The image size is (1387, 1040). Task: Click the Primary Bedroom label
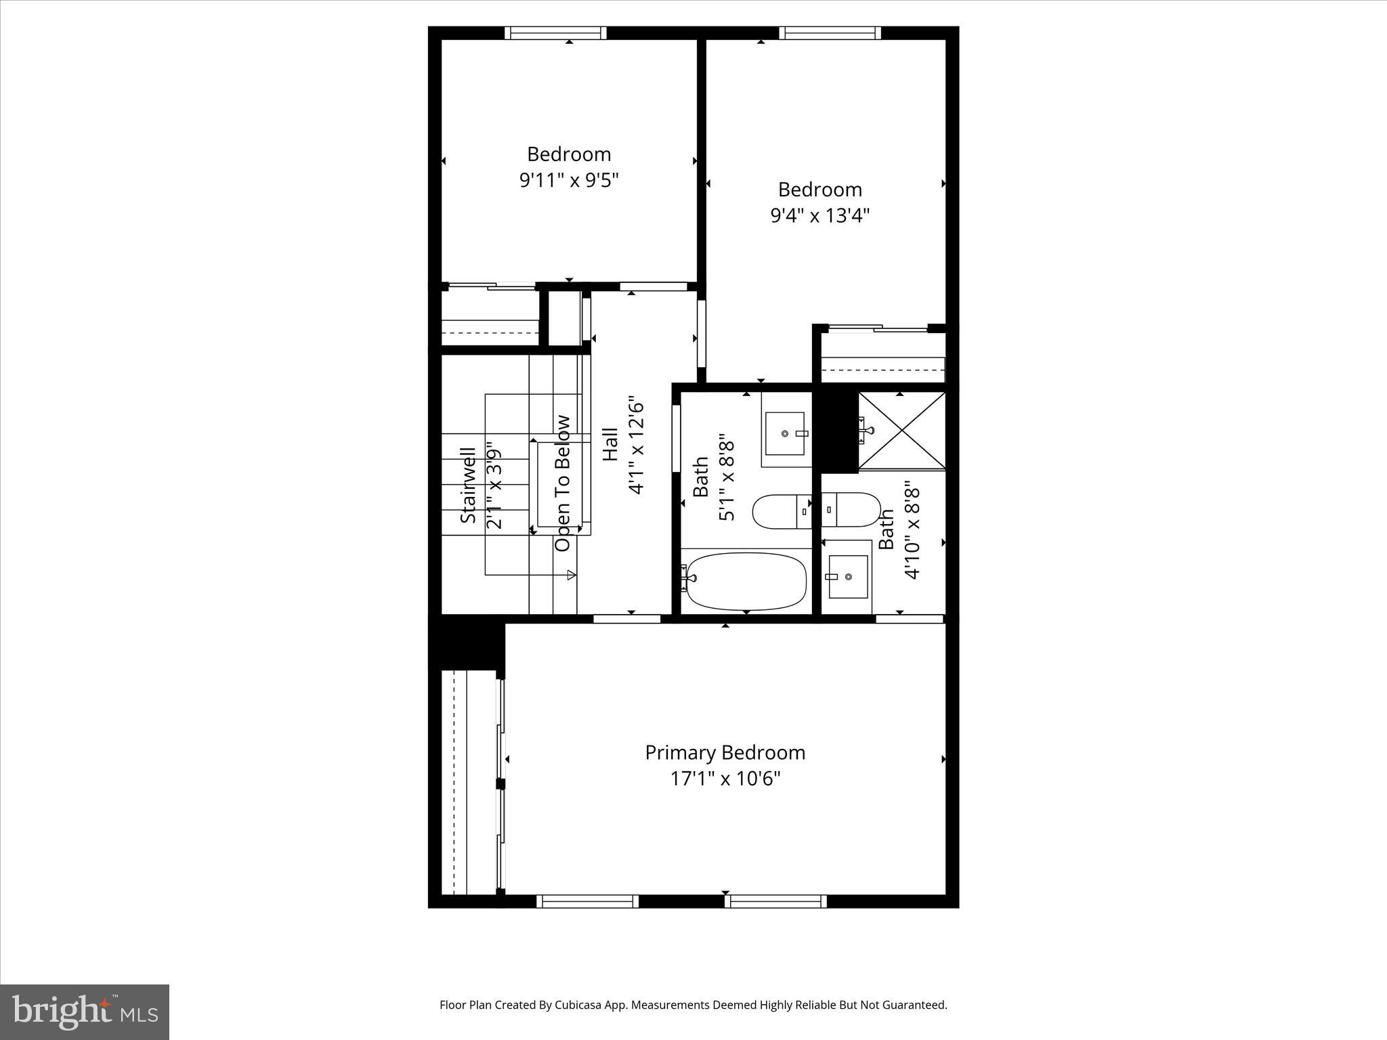point(725,752)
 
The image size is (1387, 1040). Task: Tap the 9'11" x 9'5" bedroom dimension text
point(569,180)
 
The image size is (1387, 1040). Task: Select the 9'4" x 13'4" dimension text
point(819,215)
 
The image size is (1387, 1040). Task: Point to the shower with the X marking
point(901,430)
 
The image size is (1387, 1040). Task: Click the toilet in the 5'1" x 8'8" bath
point(782,511)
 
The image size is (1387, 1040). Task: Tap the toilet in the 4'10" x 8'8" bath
point(851,509)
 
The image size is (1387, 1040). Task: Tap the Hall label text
point(610,444)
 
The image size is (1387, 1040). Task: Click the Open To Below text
point(563,483)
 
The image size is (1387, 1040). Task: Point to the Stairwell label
point(468,485)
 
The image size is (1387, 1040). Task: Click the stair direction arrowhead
point(572,575)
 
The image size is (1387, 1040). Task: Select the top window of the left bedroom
point(555,33)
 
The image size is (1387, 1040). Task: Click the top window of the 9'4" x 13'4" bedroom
point(830,33)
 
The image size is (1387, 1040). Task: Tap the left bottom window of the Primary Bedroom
point(587,901)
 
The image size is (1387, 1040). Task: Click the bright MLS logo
point(85,1012)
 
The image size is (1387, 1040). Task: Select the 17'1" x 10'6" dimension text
point(725,779)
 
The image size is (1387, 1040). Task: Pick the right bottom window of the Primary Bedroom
point(775,901)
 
